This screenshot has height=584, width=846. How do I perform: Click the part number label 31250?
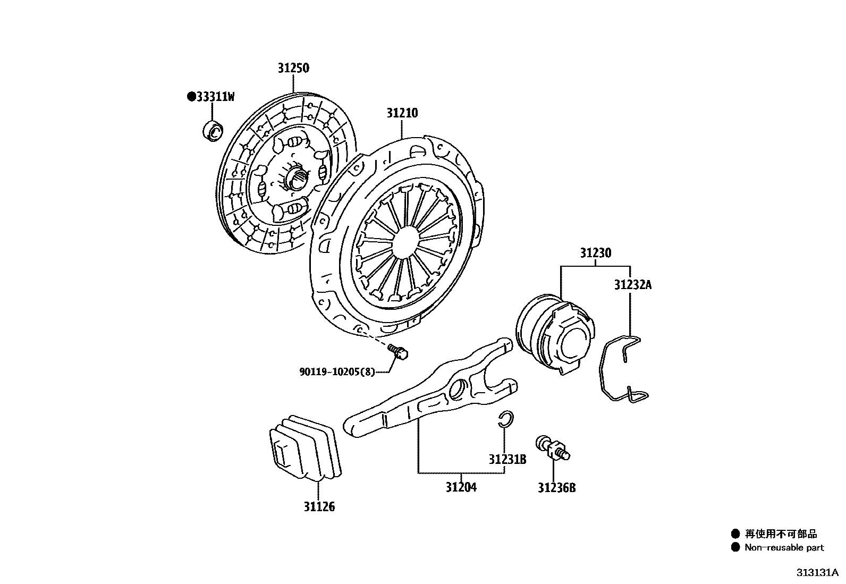(293, 68)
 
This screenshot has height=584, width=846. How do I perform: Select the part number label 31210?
(402, 113)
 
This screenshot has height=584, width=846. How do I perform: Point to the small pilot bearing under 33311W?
(214, 131)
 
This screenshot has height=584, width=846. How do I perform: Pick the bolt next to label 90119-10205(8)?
(398, 351)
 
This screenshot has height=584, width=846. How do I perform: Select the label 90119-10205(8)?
(337, 372)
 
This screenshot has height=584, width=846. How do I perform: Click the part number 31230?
(595, 253)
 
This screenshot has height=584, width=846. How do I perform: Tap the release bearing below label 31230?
(555, 335)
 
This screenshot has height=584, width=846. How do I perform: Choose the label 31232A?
(632, 285)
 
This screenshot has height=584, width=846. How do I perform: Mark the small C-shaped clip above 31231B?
(505, 419)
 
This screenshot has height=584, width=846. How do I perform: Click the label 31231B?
(507, 459)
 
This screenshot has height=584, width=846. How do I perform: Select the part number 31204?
(461, 487)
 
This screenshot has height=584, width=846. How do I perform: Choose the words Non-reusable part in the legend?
(784, 547)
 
